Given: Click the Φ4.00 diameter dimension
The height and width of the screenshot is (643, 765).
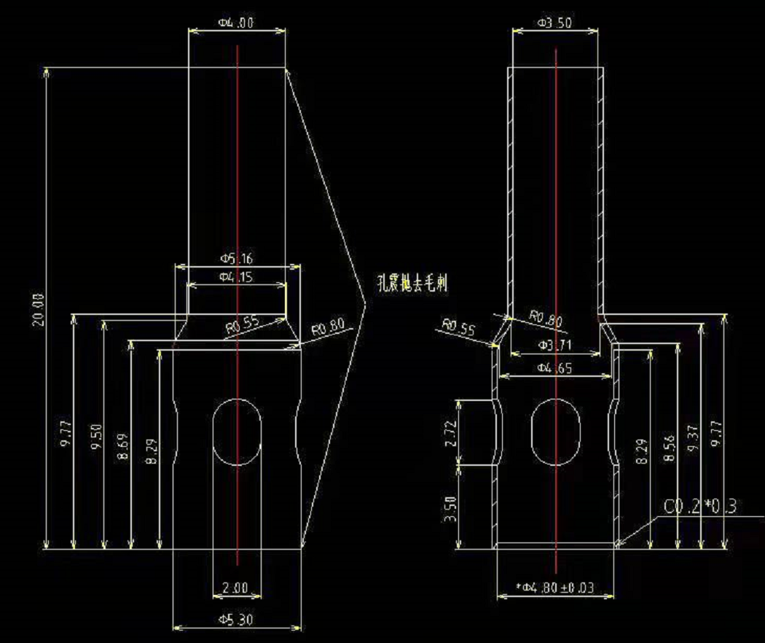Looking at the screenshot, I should click(236, 23).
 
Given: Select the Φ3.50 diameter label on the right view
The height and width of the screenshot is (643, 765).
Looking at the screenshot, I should click(554, 23).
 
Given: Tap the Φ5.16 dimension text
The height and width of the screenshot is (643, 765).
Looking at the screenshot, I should click(236, 259).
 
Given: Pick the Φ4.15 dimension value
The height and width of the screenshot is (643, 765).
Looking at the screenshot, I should click(235, 277).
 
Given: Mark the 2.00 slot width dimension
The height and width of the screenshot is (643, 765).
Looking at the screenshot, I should click(236, 588).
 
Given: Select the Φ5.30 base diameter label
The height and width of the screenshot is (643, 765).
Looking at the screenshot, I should click(236, 620).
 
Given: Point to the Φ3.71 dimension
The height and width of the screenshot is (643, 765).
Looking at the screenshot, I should click(554, 343).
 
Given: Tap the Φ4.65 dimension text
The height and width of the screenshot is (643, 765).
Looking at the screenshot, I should click(554, 368).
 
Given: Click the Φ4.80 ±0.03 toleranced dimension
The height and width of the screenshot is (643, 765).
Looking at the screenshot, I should click(554, 588).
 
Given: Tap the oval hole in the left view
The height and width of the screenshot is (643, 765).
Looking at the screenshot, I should click(236, 432).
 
